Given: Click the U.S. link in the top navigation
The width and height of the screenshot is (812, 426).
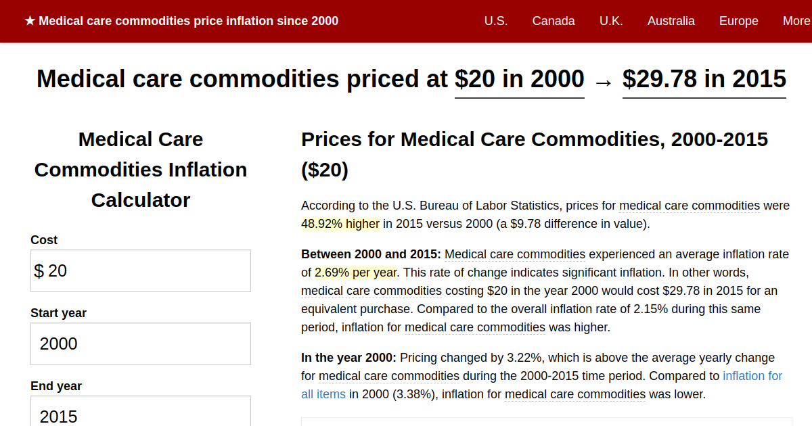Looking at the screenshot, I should pos(495,21).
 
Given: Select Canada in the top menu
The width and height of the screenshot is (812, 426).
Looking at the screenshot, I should pos(554,21).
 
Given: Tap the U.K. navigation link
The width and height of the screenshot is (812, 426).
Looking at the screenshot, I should pos(611,21).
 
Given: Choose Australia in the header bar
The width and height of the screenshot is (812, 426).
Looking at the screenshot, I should pos(671,21).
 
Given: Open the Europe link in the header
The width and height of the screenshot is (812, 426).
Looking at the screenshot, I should pos(738,21).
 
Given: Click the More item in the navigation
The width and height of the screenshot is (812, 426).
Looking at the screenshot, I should pos(796,21).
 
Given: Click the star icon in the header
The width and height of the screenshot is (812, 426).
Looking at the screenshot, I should pos(30,21).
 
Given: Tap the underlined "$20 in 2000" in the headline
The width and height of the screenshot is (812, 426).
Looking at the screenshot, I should pos(519,79).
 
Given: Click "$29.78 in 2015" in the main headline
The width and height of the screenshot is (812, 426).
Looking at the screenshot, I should pos(704,79).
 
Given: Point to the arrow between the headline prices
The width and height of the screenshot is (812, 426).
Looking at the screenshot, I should pos(603,81).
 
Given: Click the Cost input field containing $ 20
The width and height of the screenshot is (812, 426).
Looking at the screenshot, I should pos(141,271).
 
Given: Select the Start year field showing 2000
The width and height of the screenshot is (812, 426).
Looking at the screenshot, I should pos(141,344).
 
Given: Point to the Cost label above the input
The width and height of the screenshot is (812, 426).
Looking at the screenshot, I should pos(44,240).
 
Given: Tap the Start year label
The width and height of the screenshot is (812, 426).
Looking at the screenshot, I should pos(58,313).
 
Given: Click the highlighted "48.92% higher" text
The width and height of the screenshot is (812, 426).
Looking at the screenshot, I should pos(340,224).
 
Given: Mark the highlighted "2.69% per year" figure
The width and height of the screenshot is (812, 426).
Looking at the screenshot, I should pos(356,273).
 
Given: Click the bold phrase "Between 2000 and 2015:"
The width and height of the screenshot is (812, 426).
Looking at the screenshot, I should pos(371,255).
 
